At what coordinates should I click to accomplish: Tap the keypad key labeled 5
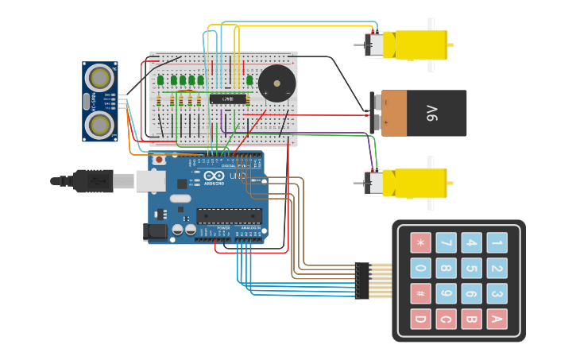click(471, 268)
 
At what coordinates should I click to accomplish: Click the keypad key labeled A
click(497, 319)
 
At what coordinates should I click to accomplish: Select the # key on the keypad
click(420, 293)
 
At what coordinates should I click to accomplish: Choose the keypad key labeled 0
click(420, 268)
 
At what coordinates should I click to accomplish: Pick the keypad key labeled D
click(420, 319)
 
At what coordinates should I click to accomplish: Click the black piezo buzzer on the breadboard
click(276, 83)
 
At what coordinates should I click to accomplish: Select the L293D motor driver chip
click(227, 99)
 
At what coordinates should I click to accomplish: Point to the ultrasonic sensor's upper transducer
click(100, 77)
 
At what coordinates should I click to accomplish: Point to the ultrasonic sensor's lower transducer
click(100, 124)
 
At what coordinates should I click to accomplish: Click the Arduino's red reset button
click(159, 160)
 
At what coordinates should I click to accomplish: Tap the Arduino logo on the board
click(214, 176)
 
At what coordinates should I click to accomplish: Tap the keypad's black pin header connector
click(362, 281)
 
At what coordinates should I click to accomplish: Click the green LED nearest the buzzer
click(249, 79)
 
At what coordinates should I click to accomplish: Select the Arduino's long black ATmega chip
click(229, 215)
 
